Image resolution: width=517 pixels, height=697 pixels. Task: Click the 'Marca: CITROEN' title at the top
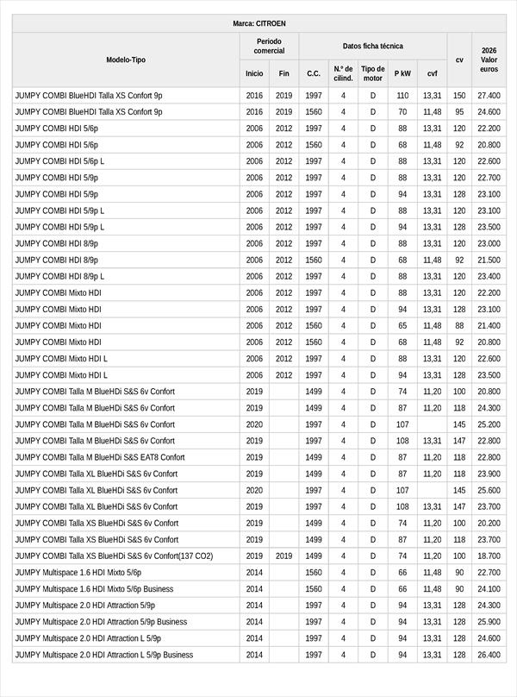click(258, 23)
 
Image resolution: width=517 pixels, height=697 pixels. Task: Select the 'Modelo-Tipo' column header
click(126, 60)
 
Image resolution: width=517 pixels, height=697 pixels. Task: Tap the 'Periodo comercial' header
click(269, 46)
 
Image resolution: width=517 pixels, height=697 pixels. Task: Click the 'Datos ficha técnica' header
click(372, 46)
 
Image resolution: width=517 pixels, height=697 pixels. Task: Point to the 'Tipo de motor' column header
click(373, 73)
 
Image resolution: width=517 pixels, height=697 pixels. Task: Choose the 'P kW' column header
click(402, 73)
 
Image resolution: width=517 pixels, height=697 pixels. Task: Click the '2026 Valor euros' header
click(489, 60)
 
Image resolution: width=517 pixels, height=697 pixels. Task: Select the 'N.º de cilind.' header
click(343, 73)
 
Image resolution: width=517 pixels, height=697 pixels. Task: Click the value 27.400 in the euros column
click(489, 96)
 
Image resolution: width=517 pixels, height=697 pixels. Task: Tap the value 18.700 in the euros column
click(489, 556)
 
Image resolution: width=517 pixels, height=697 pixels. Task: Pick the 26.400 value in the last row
click(489, 655)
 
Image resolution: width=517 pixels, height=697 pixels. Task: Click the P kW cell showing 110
click(402, 96)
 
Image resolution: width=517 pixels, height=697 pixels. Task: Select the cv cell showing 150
click(459, 96)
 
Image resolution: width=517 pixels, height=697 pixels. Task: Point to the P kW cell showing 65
click(402, 326)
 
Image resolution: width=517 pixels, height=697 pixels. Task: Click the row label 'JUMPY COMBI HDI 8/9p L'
click(59, 276)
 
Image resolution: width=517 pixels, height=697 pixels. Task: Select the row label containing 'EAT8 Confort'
click(100, 457)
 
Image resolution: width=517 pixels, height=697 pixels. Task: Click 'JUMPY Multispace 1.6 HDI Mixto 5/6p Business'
click(94, 589)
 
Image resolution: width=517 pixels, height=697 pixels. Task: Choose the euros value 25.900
click(489, 622)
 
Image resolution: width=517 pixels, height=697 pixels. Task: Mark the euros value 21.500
click(489, 260)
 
